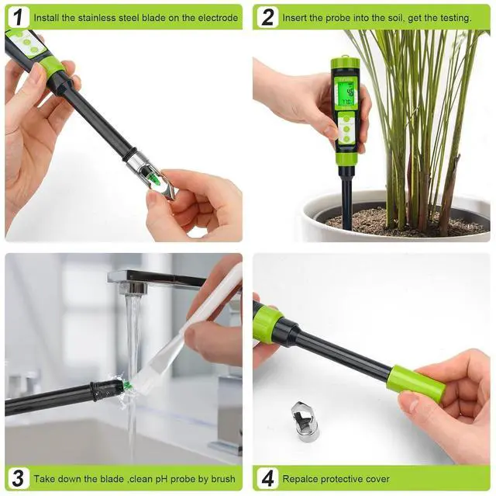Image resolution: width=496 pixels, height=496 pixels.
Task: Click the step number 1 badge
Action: tap(19, 17)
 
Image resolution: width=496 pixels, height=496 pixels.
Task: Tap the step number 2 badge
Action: tap(267, 17)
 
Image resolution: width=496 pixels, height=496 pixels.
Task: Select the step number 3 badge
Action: tap(19, 478)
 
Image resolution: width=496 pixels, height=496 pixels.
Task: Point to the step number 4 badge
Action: tap(267, 478)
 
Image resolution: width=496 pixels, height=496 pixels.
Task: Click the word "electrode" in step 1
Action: tap(218, 18)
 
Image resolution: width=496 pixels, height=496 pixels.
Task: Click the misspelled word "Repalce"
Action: tap(301, 479)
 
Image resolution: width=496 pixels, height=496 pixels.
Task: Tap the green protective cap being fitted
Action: tap(415, 384)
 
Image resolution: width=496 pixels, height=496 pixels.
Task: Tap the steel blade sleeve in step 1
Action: tap(150, 173)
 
